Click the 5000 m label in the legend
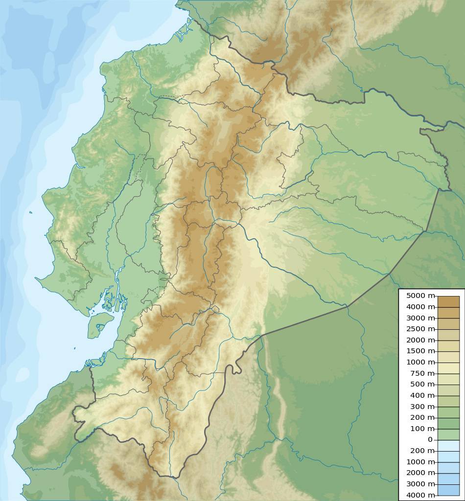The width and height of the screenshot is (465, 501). click(x=420, y=296)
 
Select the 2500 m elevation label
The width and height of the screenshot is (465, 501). click(x=420, y=329)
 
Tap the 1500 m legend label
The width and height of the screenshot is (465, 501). click(x=420, y=351)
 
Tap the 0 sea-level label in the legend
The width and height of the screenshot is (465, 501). click(x=430, y=439)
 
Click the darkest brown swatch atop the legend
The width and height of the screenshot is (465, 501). click(x=448, y=301)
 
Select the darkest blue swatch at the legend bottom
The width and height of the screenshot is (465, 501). click(x=448, y=490)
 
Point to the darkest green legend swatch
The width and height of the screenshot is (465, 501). click(x=448, y=423)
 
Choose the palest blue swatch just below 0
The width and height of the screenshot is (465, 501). click(x=448, y=445)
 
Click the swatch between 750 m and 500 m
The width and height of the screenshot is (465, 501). click(x=448, y=379)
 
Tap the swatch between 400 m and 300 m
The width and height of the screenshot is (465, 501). click(x=448, y=401)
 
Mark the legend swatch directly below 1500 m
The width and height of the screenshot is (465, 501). click(x=448, y=357)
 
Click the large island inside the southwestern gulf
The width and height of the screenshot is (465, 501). click(x=100, y=324)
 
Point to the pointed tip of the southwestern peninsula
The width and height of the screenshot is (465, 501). click(x=36, y=278)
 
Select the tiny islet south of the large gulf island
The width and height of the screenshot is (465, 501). click(x=75, y=348)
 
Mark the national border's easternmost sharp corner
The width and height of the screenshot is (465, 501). click(x=449, y=189)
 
